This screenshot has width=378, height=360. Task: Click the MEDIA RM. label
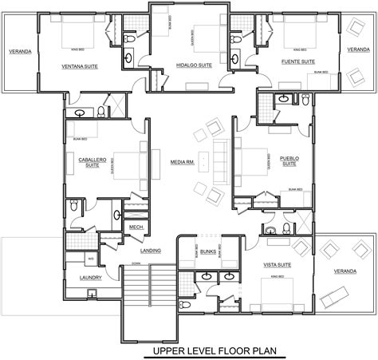point(182,162)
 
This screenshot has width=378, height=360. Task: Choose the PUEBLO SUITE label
point(289,161)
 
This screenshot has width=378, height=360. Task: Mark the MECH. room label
point(136,227)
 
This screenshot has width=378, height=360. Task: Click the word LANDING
point(151,251)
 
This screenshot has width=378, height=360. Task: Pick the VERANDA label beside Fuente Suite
point(358,49)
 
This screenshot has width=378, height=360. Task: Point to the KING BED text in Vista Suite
point(279,277)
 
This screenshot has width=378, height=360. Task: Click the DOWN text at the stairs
point(136,263)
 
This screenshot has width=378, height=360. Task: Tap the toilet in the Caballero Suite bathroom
point(73,205)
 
